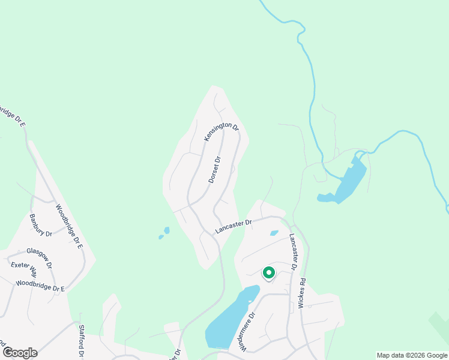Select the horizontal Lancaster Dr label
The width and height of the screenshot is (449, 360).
[x=233, y=227]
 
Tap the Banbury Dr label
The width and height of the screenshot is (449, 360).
[x=41, y=224]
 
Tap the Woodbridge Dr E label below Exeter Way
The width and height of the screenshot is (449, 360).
[x=40, y=285]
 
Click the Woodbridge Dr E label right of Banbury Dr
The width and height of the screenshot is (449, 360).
[x=68, y=226]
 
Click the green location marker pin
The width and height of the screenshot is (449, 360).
[x=268, y=273]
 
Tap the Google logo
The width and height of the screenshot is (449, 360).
[x=20, y=353]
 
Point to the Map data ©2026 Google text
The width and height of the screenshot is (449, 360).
[x=412, y=355]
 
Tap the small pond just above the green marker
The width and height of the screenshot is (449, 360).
[x=274, y=233]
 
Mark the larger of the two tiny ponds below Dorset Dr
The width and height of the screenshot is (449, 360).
[x=166, y=230]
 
